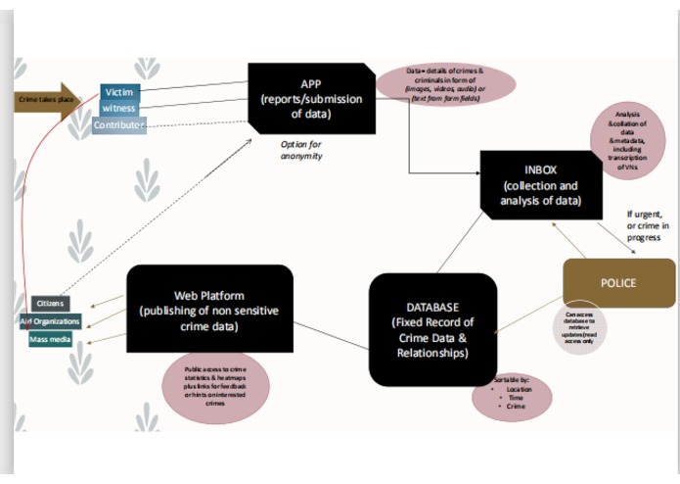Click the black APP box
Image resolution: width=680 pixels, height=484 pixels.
tap(311, 99)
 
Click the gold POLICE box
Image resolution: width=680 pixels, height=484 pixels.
tap(617, 282)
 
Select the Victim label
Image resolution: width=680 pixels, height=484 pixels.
tap(118, 92)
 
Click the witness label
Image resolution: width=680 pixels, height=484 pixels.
tap(119, 109)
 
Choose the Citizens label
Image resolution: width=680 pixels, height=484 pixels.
tap(50, 304)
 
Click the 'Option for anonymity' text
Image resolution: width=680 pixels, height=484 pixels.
tap(303, 150)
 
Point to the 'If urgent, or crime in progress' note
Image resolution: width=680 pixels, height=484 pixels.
tap(648, 226)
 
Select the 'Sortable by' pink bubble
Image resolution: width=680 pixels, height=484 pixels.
tap(512, 394)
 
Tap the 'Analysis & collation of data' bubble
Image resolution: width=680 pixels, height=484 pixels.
tap(627, 140)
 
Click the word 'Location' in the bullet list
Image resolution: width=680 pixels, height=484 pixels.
tap(519, 389)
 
